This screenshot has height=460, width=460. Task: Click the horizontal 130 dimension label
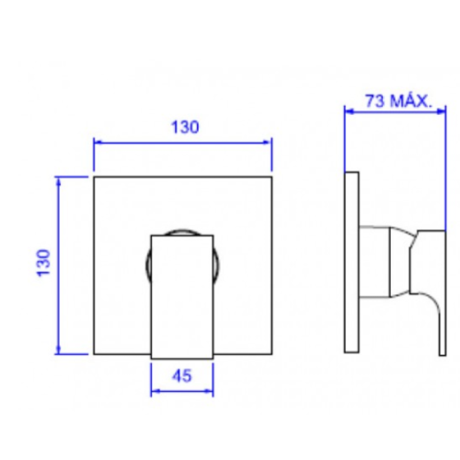[185, 127]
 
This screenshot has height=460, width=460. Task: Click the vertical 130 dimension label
[43, 263]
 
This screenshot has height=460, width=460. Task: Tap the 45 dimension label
[182, 375]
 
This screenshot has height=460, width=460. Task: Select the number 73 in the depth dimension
[374, 101]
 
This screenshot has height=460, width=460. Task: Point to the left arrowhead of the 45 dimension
[155, 391]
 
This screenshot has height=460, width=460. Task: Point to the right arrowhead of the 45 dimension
[209, 391]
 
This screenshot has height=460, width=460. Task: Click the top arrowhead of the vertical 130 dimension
[58, 182]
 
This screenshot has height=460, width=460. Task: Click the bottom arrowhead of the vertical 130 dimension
[58, 350]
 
